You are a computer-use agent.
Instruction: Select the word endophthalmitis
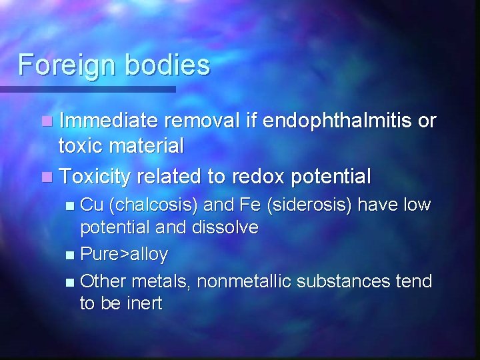[338, 121]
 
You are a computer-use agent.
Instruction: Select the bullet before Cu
[71, 205]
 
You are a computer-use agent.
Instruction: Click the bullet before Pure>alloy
[71, 255]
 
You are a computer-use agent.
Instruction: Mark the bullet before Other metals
[71, 281]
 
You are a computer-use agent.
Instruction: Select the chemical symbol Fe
[250, 204]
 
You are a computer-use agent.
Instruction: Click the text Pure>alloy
[124, 254]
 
